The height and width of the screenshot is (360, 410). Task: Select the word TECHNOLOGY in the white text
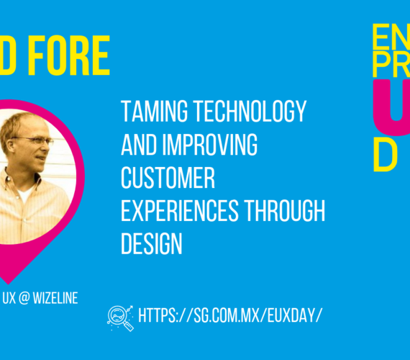coord(247,112)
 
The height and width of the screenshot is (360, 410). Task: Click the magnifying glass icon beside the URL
coord(119,317)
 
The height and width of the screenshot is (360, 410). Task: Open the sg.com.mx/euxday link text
coord(229,315)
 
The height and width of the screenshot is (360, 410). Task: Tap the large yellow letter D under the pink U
coord(386,153)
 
